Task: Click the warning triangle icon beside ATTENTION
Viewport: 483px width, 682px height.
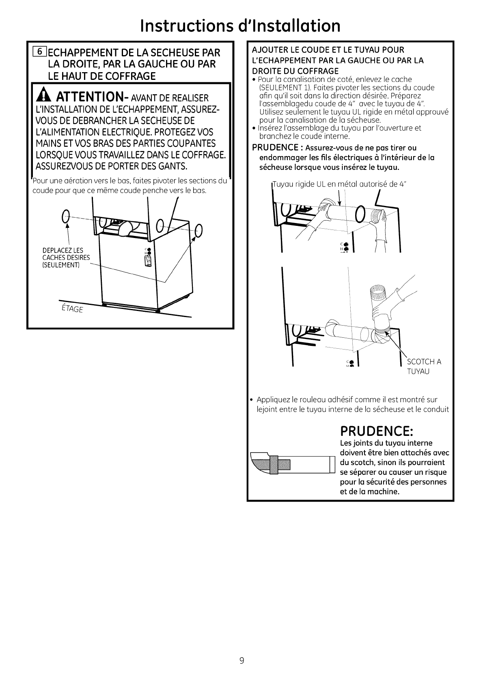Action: click(x=43, y=97)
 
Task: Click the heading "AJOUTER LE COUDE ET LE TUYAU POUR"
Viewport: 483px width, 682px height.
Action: click(x=328, y=50)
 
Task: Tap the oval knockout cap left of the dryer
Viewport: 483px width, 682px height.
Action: click(x=66, y=219)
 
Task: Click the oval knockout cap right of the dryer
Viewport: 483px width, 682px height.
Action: click(x=198, y=230)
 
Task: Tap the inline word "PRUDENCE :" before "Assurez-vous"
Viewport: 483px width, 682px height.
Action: click(x=272, y=147)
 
